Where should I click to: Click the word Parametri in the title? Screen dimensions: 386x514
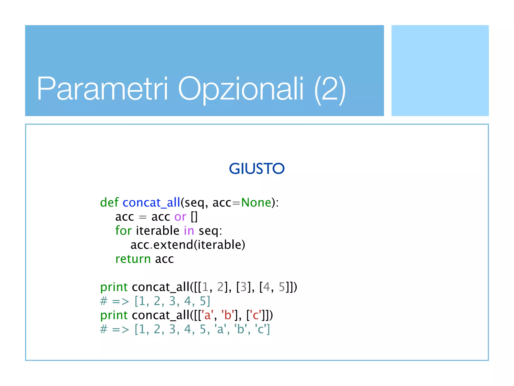pyautogui.click(x=102, y=88)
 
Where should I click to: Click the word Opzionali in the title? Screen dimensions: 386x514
pyautogui.click(x=241, y=88)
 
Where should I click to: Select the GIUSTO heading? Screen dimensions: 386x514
pyautogui.click(x=257, y=168)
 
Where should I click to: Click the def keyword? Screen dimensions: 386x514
pyautogui.click(x=109, y=202)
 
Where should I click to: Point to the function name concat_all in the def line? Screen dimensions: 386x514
pyautogui.click(x=151, y=203)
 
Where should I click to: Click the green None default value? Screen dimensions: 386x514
pyautogui.click(x=256, y=202)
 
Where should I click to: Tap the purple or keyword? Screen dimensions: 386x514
pyautogui.click(x=180, y=217)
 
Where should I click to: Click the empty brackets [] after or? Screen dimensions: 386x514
pyautogui.click(x=194, y=217)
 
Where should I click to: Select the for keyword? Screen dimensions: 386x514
pyautogui.click(x=123, y=230)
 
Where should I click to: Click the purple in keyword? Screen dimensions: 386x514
pyautogui.click(x=189, y=230)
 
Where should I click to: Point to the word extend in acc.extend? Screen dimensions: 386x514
pyautogui.click(x=173, y=245)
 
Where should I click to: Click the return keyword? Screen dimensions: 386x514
pyautogui.click(x=133, y=259)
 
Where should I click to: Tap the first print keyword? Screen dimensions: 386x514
pyautogui.click(x=114, y=287)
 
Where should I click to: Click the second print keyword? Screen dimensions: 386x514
pyautogui.click(x=114, y=315)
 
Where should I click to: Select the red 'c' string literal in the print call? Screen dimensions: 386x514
pyautogui.click(x=255, y=315)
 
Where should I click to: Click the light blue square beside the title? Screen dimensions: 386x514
pyautogui.click(x=440, y=71)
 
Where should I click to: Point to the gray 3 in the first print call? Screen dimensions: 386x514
pyautogui.click(x=243, y=287)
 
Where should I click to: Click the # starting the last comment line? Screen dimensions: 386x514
pyautogui.click(x=104, y=329)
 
